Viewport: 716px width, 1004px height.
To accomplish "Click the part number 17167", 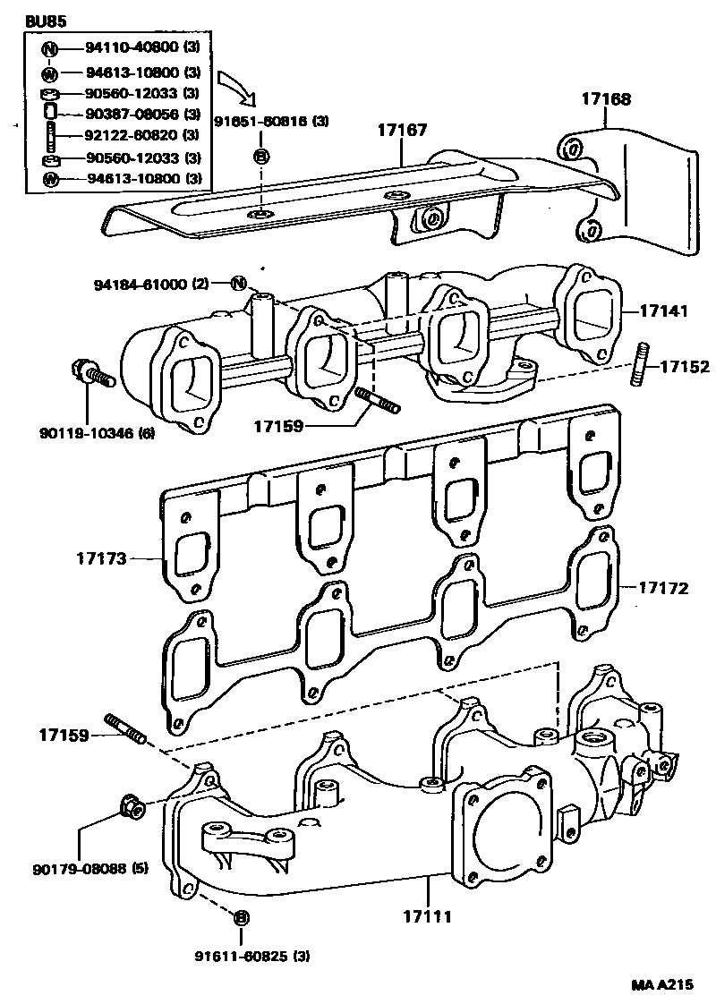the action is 402,130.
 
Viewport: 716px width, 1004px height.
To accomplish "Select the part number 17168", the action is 606,98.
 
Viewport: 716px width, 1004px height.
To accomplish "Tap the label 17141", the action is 664,311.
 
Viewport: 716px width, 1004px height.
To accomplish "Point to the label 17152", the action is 686,366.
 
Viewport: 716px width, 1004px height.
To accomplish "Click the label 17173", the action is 102,558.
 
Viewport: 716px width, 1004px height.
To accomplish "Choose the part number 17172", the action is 664,588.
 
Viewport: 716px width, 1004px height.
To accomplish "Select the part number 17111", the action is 427,917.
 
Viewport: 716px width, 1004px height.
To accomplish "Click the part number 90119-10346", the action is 87,433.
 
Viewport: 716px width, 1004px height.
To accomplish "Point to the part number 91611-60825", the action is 243,957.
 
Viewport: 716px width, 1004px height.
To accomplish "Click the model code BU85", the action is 46,21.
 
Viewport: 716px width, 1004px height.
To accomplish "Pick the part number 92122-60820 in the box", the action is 132,135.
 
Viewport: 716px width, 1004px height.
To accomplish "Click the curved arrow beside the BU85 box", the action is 238,88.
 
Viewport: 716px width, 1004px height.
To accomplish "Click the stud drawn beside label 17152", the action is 641,365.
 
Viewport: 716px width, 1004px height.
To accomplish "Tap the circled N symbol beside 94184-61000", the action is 238,283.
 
